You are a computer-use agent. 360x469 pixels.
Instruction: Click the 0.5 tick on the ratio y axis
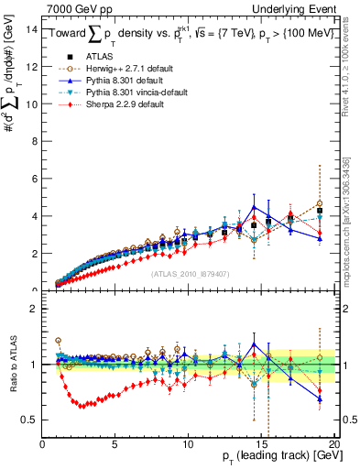29,420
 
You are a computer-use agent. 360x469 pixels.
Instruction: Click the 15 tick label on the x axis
261,444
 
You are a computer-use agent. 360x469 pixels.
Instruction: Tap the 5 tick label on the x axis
115,444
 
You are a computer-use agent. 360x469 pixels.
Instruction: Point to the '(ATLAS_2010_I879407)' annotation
188,272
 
